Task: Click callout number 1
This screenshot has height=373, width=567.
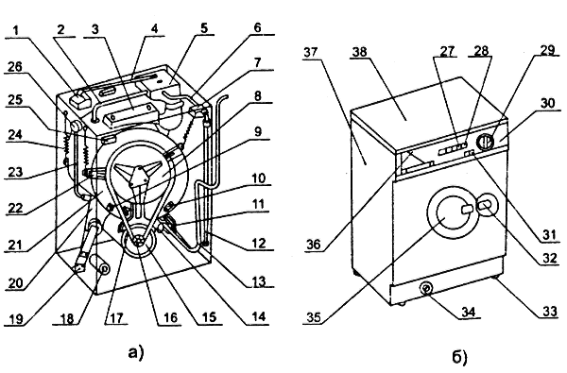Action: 15,31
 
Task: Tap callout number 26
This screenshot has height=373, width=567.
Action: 14,66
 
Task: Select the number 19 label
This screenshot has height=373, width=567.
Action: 15,318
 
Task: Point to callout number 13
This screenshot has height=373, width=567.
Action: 258,281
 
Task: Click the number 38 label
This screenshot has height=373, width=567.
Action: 359,52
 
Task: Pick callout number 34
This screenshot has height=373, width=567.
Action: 468,312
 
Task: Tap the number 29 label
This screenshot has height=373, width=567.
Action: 548,50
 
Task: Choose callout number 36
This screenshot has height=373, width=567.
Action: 313,245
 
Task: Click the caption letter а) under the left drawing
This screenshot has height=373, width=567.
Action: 136,351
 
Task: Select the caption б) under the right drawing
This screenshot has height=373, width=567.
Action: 460,357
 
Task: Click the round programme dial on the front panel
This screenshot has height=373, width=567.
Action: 484,142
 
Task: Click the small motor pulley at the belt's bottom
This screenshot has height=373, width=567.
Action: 139,241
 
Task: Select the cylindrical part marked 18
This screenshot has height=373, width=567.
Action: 100,266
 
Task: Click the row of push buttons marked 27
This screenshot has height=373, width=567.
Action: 452,148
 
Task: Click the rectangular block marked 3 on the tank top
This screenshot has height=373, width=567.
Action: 131,115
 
